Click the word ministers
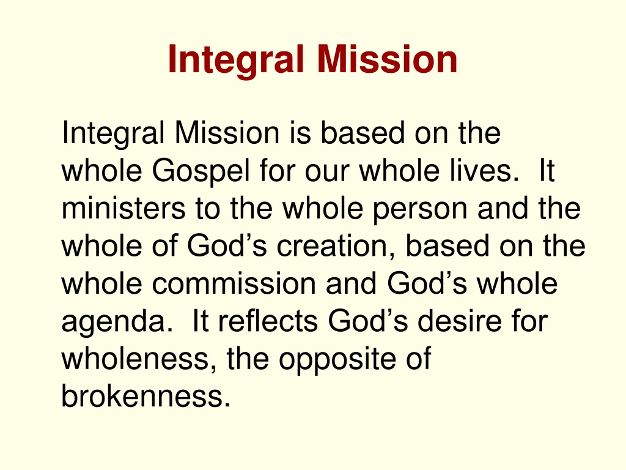coord(123,208)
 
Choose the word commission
coord(234,283)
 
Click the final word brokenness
coord(146,396)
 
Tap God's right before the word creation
coord(227,246)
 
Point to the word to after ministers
coord(208,209)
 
